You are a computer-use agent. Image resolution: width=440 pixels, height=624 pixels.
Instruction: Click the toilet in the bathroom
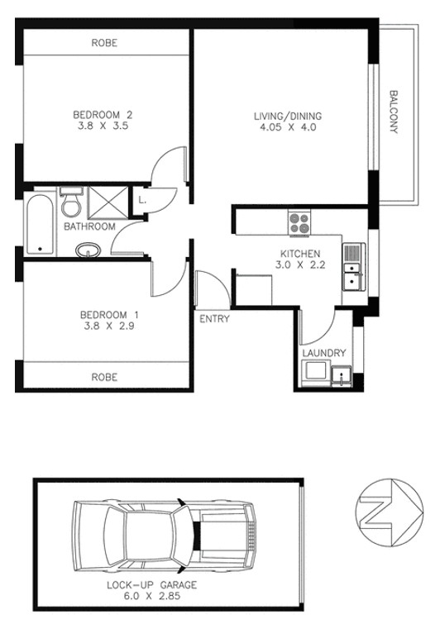pos(71,202)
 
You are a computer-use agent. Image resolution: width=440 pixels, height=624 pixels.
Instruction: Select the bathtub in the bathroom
pos(41,224)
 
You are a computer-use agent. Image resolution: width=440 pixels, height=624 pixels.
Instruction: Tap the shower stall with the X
pos(108,202)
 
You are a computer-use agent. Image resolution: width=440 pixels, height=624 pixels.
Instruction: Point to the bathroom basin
pos(88,250)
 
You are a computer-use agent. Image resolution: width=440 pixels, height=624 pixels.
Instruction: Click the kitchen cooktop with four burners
pos(299,223)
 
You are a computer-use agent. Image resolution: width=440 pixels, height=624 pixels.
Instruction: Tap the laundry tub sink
pos(342,376)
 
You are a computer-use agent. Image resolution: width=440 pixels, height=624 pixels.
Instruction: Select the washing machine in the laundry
pos(316,372)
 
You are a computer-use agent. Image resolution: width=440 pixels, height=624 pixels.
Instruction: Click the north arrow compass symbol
pos(390,512)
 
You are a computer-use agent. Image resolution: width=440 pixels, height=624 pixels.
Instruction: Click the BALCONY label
pos(394,112)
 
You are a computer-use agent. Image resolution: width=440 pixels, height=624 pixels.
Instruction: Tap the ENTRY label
pos(214,319)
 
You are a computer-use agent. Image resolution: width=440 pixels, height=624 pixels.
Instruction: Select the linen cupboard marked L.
pos(142,200)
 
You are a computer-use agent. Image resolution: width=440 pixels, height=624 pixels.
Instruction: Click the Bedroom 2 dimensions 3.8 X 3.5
pos(103,126)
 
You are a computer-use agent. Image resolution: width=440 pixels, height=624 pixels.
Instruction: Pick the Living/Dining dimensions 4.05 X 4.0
pos(288,127)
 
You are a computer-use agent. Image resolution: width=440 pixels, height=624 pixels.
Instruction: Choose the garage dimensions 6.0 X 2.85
pos(151,596)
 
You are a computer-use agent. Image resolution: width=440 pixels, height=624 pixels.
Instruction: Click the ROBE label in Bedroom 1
pos(104,377)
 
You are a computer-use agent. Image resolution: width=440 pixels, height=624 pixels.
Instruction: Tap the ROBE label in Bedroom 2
pos(104,43)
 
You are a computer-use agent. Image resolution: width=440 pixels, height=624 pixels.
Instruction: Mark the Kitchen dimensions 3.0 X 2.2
pos(300,264)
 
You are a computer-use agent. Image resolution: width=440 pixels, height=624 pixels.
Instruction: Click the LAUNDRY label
pos(323,353)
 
